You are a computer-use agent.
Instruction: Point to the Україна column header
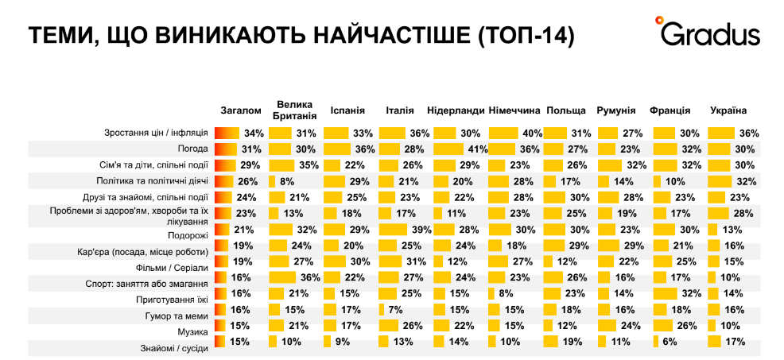coord(728,110)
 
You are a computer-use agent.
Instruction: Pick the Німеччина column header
coord(514,110)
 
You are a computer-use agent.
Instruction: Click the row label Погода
coord(192,149)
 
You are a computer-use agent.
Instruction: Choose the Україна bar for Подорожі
coord(712,229)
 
